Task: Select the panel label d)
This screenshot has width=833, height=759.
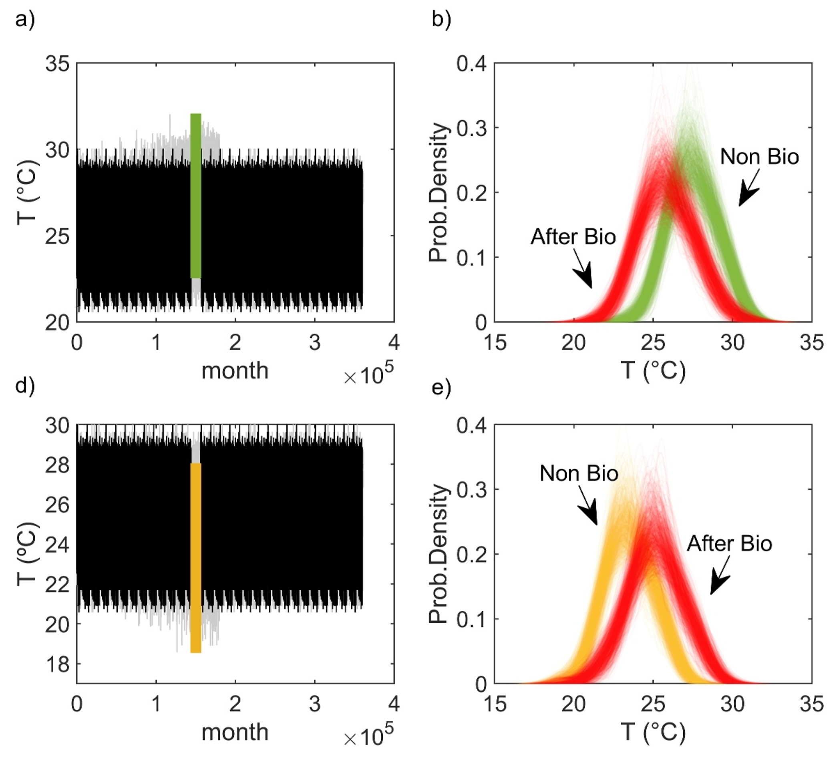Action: [x=25, y=385]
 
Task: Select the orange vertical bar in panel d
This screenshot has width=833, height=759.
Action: [x=196, y=558]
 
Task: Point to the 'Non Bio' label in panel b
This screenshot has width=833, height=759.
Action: [x=759, y=157]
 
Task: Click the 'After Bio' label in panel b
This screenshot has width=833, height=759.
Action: [x=573, y=237]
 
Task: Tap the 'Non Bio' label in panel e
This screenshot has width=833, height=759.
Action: [x=579, y=473]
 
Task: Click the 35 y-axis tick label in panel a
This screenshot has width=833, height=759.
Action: [x=57, y=65]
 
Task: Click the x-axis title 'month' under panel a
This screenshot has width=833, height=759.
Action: [x=235, y=370]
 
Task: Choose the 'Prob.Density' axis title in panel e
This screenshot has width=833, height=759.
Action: [x=439, y=554]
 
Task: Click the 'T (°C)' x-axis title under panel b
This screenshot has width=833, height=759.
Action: [x=653, y=370]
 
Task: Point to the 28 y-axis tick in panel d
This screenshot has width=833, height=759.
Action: [x=57, y=465]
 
